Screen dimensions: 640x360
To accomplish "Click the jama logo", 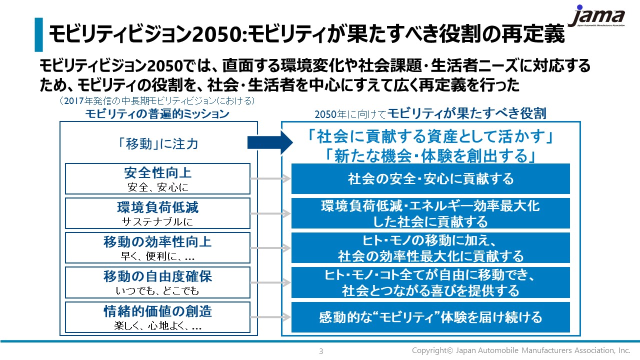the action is click(x=596, y=16).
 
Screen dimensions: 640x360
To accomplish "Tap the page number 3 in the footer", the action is click(x=321, y=351).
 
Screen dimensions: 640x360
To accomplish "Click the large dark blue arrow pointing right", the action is click(x=270, y=142).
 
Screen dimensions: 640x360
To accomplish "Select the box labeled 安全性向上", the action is click(x=157, y=179).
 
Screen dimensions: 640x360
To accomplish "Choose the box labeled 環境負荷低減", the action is click(x=157, y=213).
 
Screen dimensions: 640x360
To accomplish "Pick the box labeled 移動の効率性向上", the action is click(x=157, y=248).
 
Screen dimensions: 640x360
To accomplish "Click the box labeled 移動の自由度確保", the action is click(x=157, y=282).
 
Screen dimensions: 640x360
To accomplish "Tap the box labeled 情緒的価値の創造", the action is click(x=157, y=317).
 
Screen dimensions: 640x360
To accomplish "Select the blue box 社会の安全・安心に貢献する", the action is click(x=430, y=179).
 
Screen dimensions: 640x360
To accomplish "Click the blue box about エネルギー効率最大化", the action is click(x=430, y=213).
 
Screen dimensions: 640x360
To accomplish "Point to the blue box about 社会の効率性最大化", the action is click(x=430, y=248).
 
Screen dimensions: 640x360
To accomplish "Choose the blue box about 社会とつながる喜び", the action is click(x=430, y=282).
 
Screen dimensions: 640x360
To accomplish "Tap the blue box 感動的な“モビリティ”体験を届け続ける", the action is click(x=430, y=317).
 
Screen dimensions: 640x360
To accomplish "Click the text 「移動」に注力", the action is click(x=158, y=143).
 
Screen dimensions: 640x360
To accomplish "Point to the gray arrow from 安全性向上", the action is click(x=270, y=178).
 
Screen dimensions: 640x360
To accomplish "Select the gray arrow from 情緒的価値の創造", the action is click(x=270, y=317).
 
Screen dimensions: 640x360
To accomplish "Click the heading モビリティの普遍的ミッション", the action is click(x=157, y=113).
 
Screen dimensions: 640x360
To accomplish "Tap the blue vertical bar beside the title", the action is click(x=39, y=34).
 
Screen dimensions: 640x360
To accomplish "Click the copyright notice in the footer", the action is click(x=521, y=350).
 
